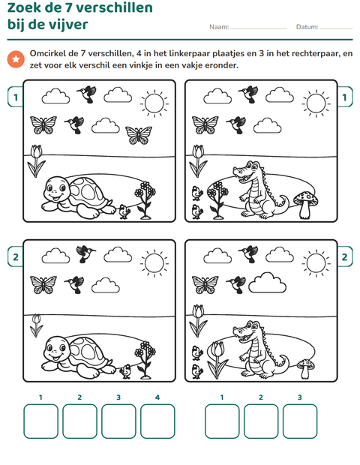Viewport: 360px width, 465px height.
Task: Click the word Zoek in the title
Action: pos(24,7)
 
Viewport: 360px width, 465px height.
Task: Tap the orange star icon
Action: pos(16,59)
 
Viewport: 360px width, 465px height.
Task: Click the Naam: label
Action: pos(219,27)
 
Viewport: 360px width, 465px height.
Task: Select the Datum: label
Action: pos(307,27)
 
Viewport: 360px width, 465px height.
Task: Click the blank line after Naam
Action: pos(259,29)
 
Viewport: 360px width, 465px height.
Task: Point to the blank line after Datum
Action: pos(337,29)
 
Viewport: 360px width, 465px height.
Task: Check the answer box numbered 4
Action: pos(157,421)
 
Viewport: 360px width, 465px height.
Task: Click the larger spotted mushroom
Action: pos(306,205)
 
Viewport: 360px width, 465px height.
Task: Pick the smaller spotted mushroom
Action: pos(306,368)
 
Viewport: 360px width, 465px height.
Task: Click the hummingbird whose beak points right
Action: pos(85,253)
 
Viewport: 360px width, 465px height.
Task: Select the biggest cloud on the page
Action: pos(267,283)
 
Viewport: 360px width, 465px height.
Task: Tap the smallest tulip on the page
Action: pos(36,325)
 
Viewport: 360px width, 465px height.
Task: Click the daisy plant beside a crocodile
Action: pos(217,200)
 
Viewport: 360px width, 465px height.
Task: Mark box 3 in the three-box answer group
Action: pos(300,421)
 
